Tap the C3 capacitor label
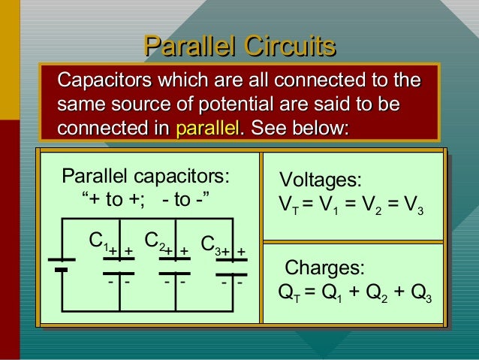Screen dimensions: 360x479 211,247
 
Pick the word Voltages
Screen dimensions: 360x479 321,180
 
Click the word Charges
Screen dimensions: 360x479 325,268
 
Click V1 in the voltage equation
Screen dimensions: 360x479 327,205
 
